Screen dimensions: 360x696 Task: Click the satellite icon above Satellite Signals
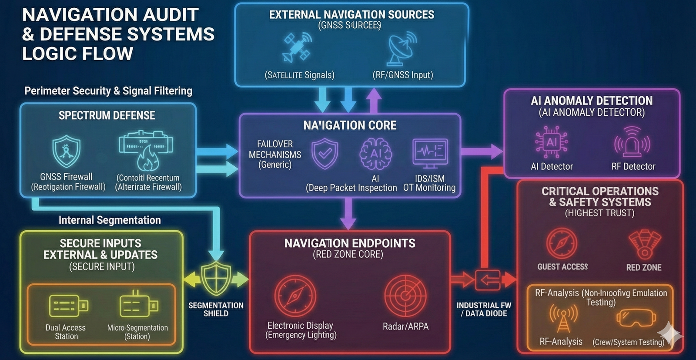(x=296, y=47)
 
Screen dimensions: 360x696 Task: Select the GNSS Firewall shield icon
(x=66, y=151)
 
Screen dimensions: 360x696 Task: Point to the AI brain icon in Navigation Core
(x=375, y=154)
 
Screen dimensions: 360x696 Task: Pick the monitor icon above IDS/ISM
(x=429, y=153)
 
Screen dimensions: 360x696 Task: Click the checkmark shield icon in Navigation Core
(x=325, y=153)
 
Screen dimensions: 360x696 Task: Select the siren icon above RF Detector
(x=632, y=142)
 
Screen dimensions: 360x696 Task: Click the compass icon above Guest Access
(x=562, y=243)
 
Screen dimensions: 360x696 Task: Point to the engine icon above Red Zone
(x=644, y=244)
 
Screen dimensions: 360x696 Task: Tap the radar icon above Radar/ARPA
(x=405, y=296)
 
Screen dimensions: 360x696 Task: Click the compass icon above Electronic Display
(x=295, y=296)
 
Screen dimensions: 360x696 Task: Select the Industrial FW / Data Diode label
(x=484, y=309)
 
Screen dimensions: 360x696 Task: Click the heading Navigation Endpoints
(x=350, y=243)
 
